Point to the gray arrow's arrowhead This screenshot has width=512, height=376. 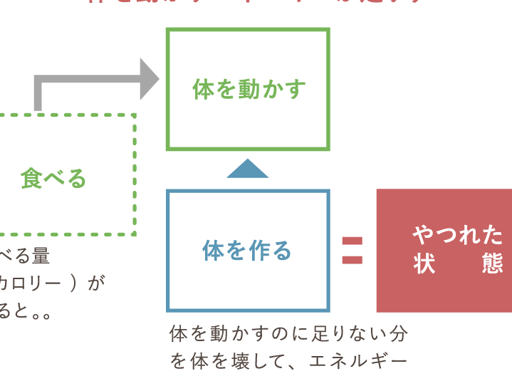(149, 78)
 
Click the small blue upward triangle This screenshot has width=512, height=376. (247, 169)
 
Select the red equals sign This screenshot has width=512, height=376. (352, 251)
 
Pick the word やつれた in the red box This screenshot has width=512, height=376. (458, 234)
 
